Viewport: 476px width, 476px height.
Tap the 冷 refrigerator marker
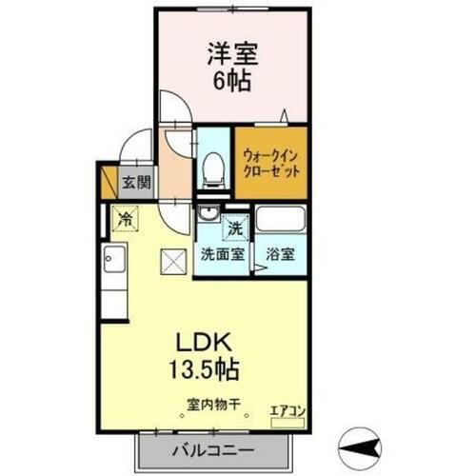pyautogui.click(x=125, y=218)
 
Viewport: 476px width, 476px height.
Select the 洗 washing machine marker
pyautogui.click(x=234, y=228)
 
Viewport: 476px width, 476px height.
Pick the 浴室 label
pyautogui.click(x=279, y=255)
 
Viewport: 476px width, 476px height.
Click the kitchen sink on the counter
pyautogui.click(x=114, y=258)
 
